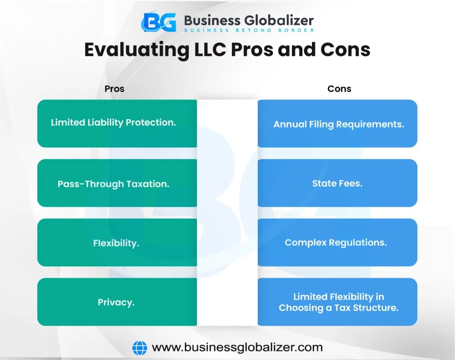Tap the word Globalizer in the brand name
tap(279, 20)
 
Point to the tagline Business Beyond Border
tap(249, 30)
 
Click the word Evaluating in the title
tap(137, 50)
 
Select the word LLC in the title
tap(210, 49)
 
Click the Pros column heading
tap(114, 88)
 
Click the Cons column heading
tap(339, 88)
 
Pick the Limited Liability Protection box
tap(117, 124)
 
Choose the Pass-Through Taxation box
tap(117, 183)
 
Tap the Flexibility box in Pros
tap(117, 242)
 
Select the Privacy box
tap(117, 302)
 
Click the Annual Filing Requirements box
tap(338, 124)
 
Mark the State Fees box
tap(338, 183)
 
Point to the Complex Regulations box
tap(338, 242)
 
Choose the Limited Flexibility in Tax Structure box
tap(338, 302)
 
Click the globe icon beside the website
tap(140, 348)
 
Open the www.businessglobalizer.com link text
tap(237, 347)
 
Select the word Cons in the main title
tap(345, 50)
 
